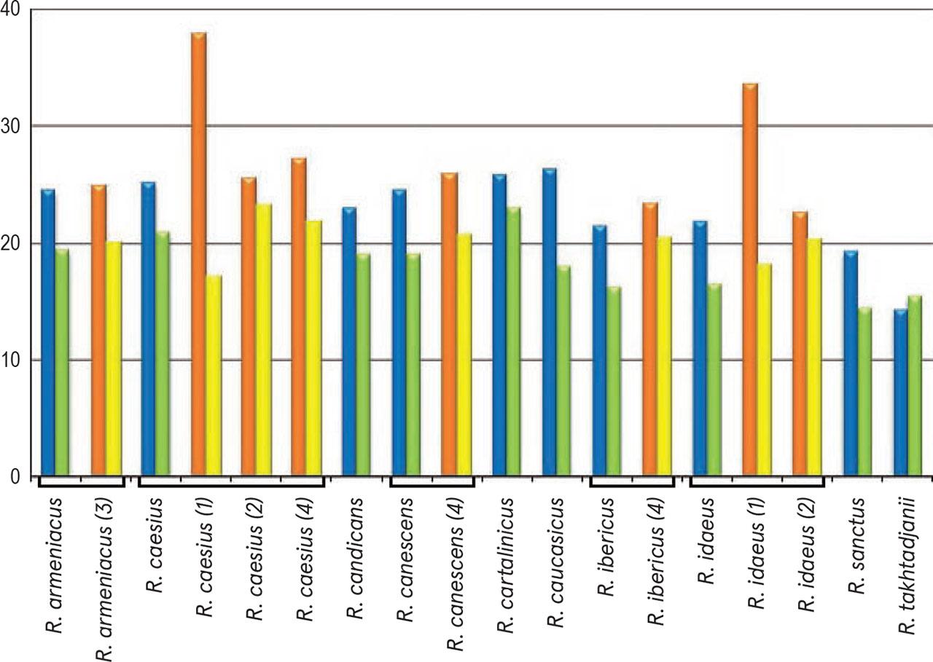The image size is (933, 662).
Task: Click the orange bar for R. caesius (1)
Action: point(199,255)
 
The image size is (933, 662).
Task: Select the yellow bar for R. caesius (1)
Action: point(214,376)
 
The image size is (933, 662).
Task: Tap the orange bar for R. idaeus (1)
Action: point(750,280)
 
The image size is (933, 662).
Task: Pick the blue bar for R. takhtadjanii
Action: point(900,393)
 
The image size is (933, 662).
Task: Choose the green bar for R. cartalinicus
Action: point(514,342)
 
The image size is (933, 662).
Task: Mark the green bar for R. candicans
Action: point(363,365)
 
